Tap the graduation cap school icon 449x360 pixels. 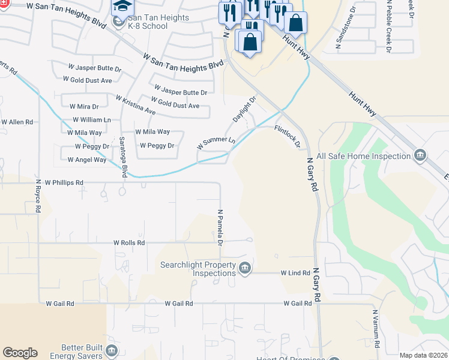121,7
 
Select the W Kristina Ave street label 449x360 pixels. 136,105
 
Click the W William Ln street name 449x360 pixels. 92,120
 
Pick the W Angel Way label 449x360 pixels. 87,160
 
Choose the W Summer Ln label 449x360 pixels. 216,143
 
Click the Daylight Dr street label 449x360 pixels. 244,109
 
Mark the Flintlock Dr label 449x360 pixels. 287,137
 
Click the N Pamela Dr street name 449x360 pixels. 220,227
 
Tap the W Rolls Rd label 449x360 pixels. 129,243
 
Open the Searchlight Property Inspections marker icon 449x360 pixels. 244,268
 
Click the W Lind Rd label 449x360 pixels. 295,272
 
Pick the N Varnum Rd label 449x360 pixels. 376,329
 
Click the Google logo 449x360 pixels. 20,353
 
